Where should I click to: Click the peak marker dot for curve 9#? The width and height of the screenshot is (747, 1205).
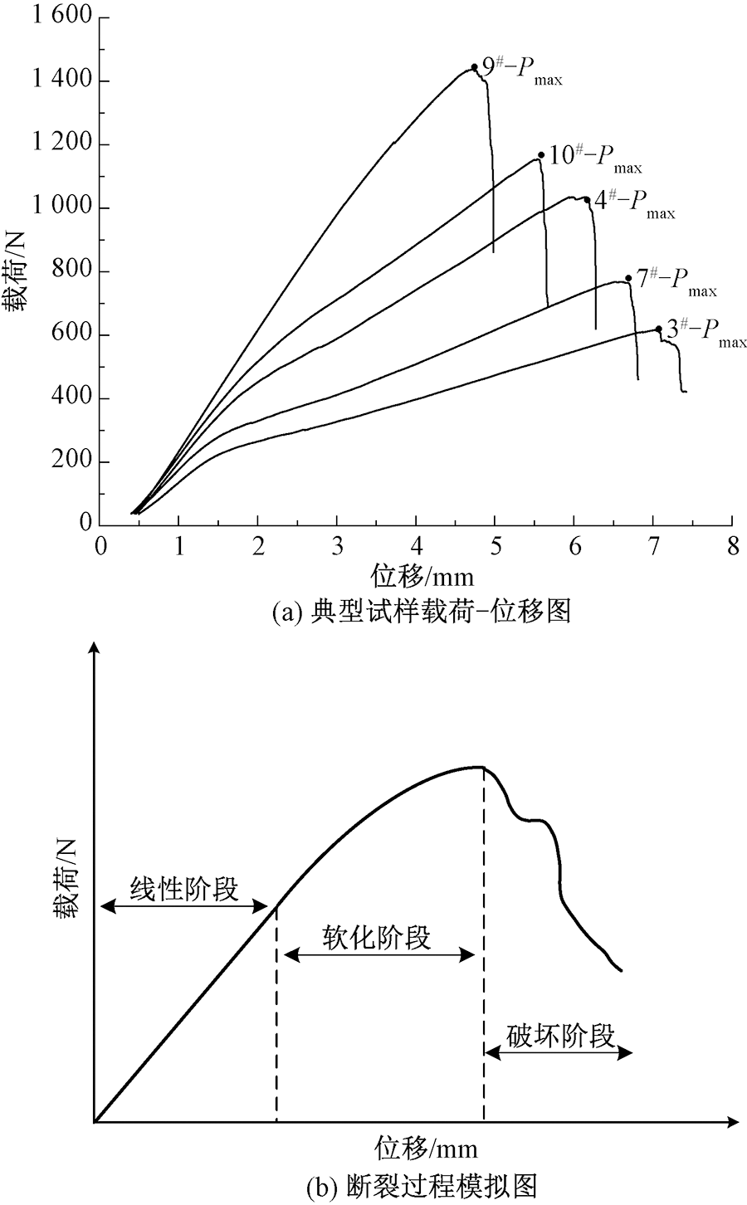coord(474,67)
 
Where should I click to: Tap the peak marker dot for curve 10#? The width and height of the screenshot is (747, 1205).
coord(541,155)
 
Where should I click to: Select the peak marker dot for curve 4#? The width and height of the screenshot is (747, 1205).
coord(587,199)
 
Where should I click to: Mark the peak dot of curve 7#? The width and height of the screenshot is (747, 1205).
coord(628,279)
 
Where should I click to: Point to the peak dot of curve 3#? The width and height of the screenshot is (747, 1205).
coord(659,329)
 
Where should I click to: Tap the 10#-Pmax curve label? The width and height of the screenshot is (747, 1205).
coord(596,159)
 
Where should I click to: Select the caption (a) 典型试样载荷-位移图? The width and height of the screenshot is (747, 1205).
coord(420,612)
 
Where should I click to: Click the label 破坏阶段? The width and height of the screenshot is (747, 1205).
coord(559,1036)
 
